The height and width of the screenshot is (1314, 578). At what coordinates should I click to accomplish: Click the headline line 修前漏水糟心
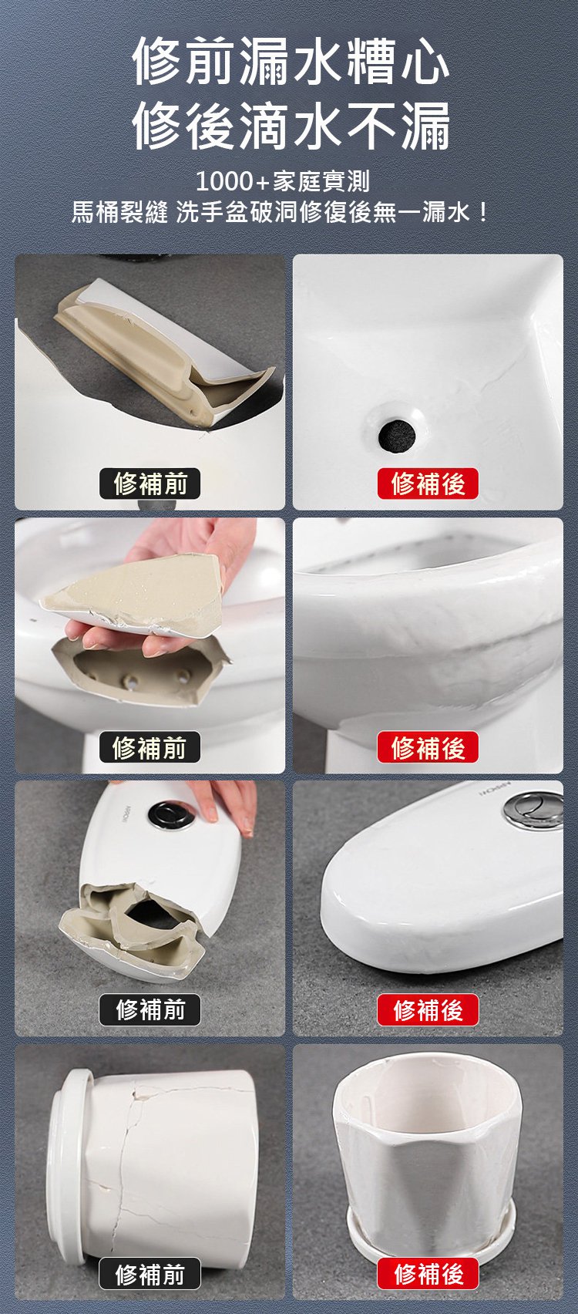pyautogui.click(x=291, y=62)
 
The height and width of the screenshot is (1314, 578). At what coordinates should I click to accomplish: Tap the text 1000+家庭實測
pyautogui.click(x=283, y=181)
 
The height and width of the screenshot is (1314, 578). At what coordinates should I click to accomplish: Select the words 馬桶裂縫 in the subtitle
pyautogui.click(x=119, y=211)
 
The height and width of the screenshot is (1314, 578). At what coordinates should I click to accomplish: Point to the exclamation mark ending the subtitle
pyautogui.click(x=483, y=211)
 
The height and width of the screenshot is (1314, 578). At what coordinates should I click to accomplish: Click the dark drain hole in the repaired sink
pyautogui.click(x=398, y=434)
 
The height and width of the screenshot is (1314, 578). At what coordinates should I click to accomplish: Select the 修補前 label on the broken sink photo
pyautogui.click(x=150, y=483)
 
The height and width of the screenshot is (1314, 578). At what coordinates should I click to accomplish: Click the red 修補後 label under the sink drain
pyautogui.click(x=428, y=483)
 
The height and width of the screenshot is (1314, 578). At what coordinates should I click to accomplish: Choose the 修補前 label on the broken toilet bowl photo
pyautogui.click(x=150, y=747)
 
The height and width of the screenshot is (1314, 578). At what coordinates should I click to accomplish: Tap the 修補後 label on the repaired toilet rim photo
pyautogui.click(x=428, y=747)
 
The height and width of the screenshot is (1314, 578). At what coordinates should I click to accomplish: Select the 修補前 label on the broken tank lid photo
pyautogui.click(x=150, y=1009)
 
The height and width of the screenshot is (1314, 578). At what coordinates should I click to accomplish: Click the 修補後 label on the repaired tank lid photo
pyautogui.click(x=428, y=1009)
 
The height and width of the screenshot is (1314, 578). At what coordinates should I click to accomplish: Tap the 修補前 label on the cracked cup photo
pyautogui.click(x=150, y=1274)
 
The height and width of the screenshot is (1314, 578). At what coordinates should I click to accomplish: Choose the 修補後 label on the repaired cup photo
pyautogui.click(x=428, y=1274)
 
